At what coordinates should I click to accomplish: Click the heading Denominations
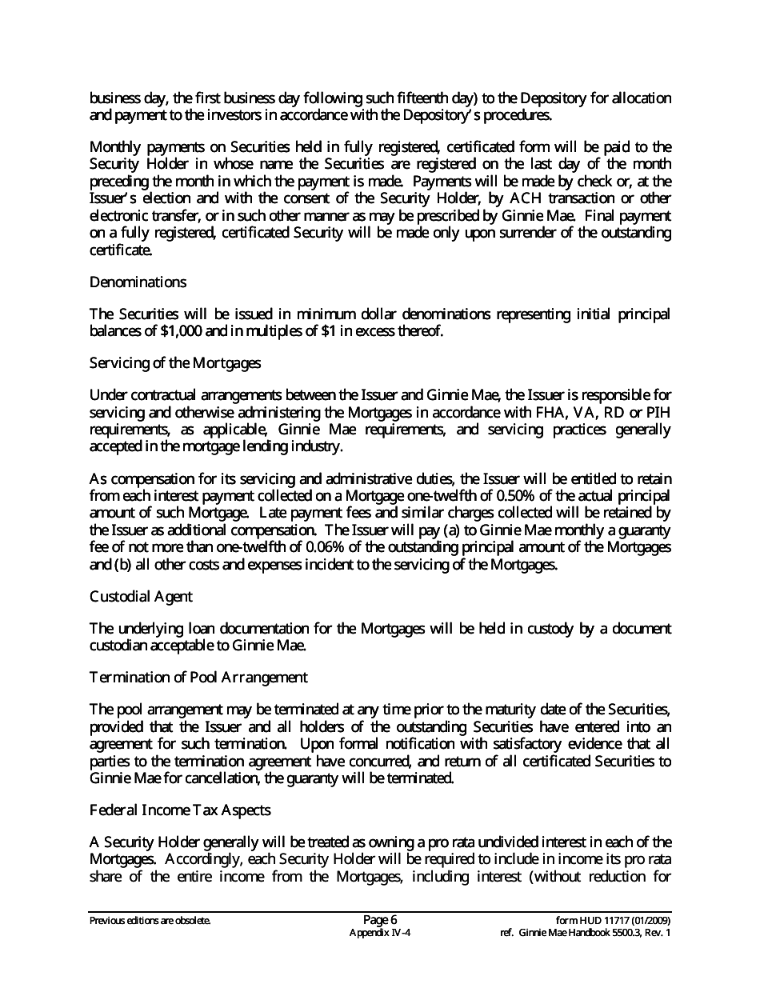(138, 282)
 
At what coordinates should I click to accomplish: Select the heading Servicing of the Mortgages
(175, 363)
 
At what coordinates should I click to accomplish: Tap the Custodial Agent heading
(141, 597)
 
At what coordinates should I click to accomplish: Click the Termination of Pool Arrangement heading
(198, 678)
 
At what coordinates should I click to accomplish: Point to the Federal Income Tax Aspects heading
(180, 810)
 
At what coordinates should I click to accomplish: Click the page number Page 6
(380, 920)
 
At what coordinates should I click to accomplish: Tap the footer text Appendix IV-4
(380, 933)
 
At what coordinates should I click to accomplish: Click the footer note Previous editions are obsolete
(150, 921)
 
